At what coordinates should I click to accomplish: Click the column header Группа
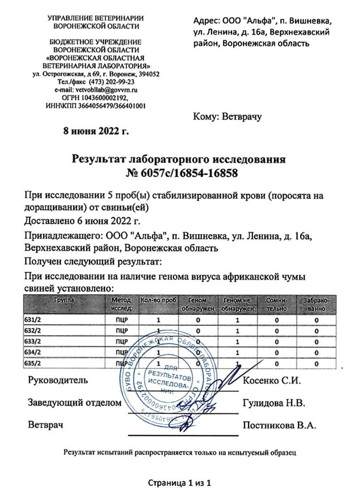[63, 300]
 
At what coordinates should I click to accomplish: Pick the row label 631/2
[33, 319]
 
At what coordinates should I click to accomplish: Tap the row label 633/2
[33, 342]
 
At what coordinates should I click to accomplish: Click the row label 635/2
[33, 363]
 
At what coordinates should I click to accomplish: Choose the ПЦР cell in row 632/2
[120, 331]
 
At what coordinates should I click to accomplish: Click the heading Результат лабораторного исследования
[179, 158]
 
